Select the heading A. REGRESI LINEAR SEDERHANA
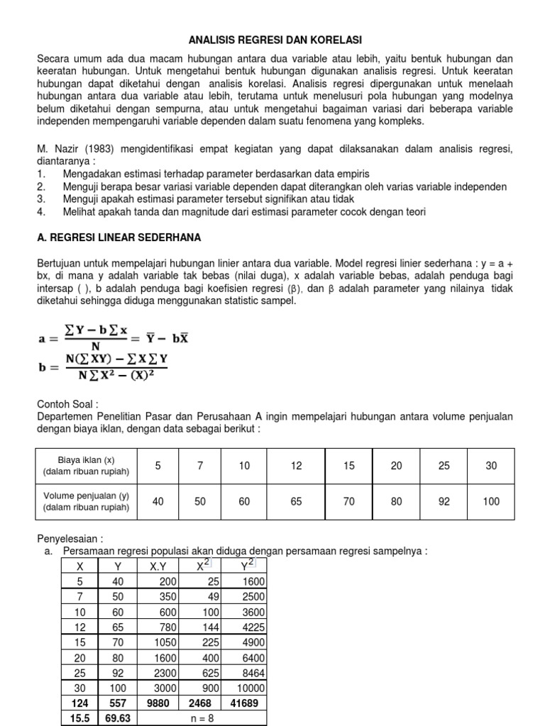point(120,237)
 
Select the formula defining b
point(104,367)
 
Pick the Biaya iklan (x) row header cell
point(86,466)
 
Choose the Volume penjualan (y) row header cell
point(86,501)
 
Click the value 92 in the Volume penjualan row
point(444,501)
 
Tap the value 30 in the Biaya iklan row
point(491,466)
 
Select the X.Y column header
point(158,566)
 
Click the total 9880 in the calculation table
point(158,703)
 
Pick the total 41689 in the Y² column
point(245,703)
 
